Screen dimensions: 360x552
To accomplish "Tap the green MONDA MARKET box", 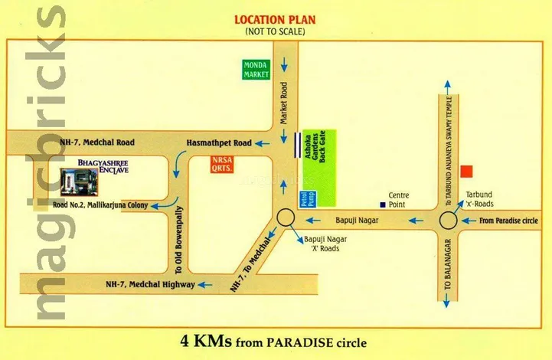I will point(253,70).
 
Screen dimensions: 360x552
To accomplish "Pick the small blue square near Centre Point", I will point(381,205).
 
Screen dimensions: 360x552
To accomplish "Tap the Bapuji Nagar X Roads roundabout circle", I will point(286,219).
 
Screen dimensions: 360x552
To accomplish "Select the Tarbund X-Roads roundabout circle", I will point(448,221).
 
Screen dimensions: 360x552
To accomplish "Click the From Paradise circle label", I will point(509,221).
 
